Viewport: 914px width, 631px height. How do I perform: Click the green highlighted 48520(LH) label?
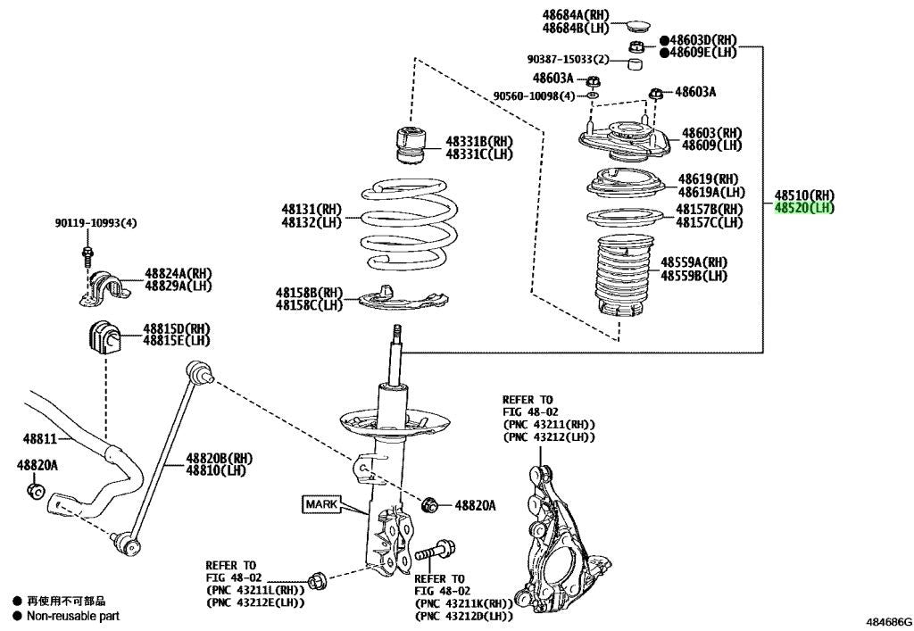coord(804,208)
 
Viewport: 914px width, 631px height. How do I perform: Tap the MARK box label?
coord(321,504)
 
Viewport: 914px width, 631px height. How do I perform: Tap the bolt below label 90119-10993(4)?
coord(87,256)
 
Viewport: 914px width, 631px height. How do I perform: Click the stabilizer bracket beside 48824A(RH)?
coord(104,287)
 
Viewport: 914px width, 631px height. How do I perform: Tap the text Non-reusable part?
coord(73,616)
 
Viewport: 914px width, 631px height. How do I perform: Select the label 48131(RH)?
coord(312,209)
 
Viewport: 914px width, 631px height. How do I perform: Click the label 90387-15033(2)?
coord(569,60)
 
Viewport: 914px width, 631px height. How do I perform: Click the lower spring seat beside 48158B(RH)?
coord(403,298)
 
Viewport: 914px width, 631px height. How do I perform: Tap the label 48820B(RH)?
coord(220,458)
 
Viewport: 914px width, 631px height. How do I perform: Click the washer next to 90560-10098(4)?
coord(593,95)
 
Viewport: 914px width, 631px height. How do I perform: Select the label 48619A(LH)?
coord(711,192)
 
